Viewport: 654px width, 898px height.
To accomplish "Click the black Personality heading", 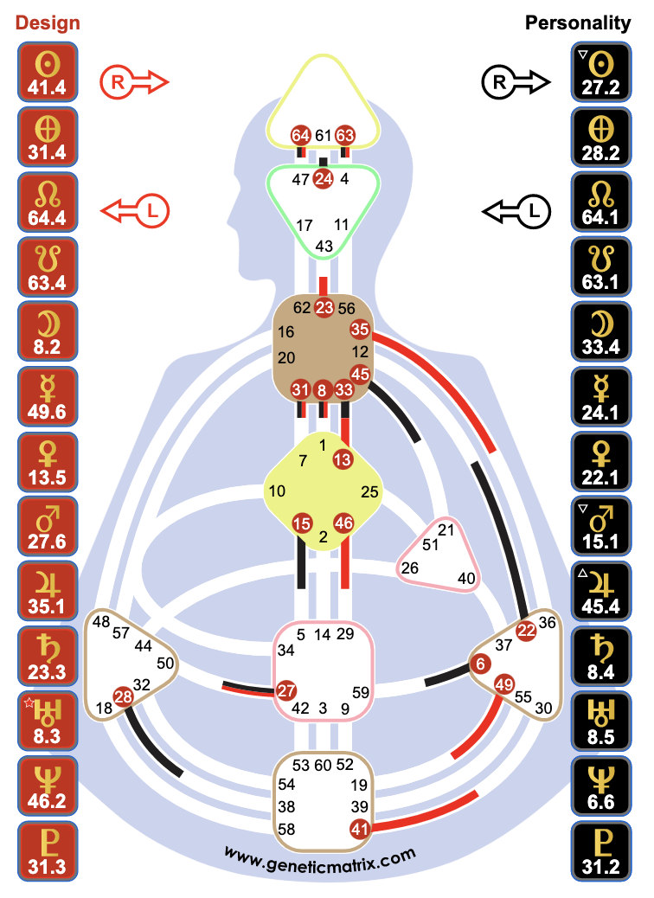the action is click(578, 23).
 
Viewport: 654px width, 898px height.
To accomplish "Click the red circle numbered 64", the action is click(301, 135).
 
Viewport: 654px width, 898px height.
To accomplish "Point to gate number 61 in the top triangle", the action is click(324, 135).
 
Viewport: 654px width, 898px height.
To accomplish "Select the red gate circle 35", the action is click(360, 330).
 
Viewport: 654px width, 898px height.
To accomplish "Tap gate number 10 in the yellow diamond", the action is click(277, 491).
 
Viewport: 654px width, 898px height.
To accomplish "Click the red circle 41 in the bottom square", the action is click(359, 829).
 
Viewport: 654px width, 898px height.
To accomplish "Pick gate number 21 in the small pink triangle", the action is click(446, 529).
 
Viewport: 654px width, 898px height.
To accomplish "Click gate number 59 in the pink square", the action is click(362, 692).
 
